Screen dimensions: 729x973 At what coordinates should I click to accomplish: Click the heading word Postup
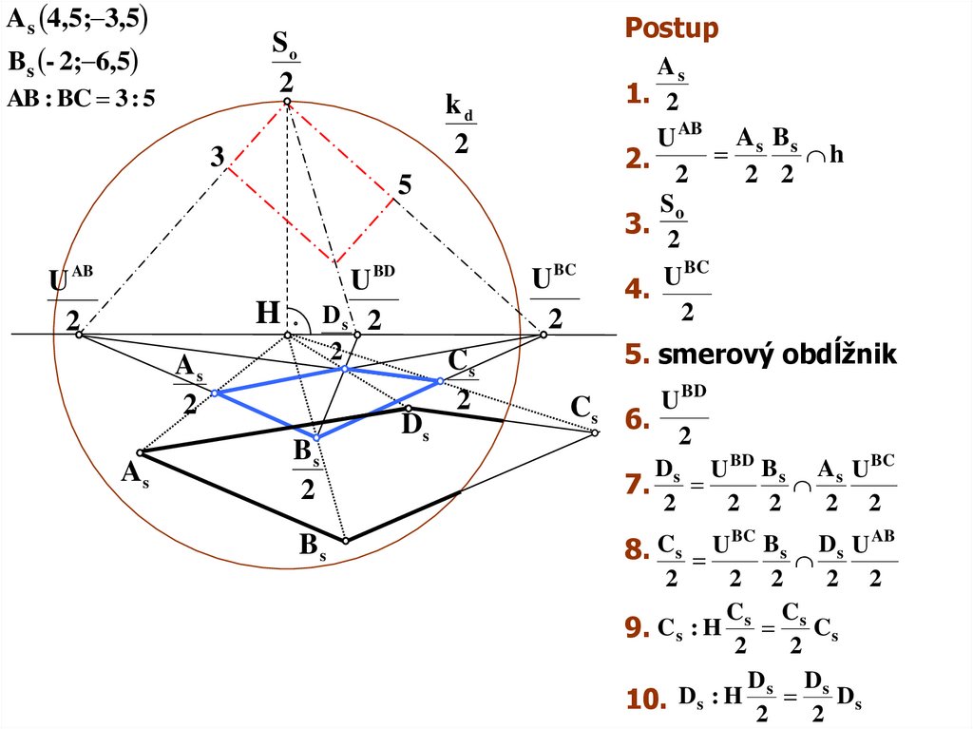coord(672,29)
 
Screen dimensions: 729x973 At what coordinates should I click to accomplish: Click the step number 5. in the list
coord(636,355)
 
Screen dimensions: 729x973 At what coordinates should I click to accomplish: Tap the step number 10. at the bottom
coord(644,699)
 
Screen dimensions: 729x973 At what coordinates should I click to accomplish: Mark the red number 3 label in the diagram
coord(218,156)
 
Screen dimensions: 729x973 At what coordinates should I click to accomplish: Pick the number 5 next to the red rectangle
coord(405,186)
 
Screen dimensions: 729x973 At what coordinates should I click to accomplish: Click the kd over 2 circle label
coord(460,125)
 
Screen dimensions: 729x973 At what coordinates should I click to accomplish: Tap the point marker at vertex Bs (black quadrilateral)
coord(346,540)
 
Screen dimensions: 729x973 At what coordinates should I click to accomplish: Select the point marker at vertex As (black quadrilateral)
coord(140,452)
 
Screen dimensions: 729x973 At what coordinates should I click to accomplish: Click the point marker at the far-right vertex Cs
coord(595,432)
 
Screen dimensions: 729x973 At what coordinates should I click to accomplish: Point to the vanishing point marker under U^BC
coord(544,334)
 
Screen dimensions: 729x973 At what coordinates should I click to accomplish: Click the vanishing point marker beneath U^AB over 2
coord(80,334)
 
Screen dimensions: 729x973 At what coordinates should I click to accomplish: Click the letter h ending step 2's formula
coord(835,154)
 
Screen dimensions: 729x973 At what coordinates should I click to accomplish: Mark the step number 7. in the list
coord(636,485)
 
